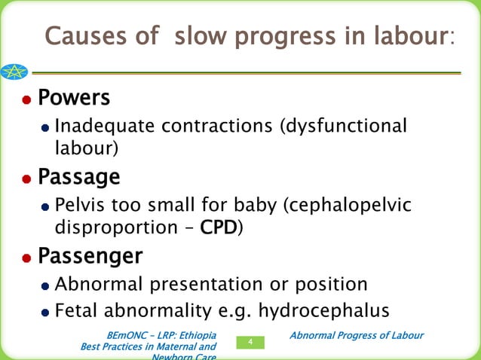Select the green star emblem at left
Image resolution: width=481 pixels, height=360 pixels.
pos(13,72)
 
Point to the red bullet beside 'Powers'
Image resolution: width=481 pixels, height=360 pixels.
pos(26,100)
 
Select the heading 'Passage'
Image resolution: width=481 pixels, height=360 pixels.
pos(78,178)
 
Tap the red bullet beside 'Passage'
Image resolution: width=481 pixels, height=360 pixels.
pos(26,179)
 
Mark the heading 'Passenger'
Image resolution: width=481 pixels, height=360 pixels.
pos(90,257)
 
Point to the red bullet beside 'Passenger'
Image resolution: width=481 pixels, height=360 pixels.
pos(26,258)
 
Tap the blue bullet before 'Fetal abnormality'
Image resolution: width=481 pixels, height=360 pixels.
pos(46,310)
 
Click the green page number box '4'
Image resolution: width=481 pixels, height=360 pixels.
pos(250,343)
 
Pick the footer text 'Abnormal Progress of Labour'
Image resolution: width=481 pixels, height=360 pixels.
pos(357,335)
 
